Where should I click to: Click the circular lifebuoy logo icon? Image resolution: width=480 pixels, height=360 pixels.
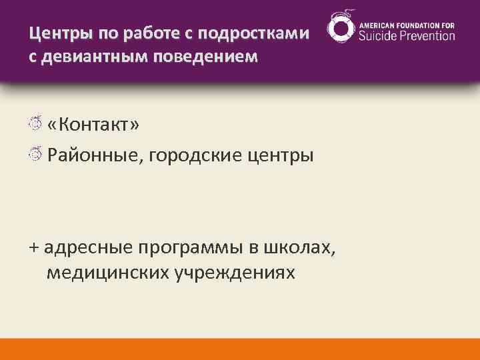341,29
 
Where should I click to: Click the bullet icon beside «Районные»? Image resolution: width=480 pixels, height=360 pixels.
36,155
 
